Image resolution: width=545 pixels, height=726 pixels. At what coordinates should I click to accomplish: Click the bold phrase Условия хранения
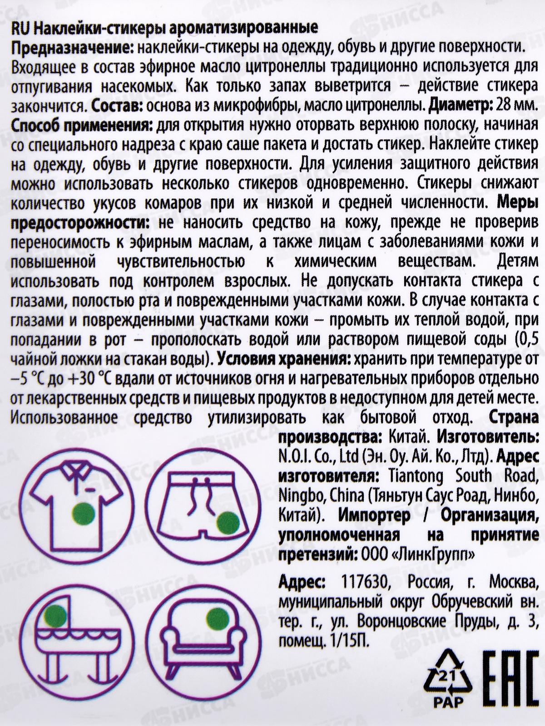283,359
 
